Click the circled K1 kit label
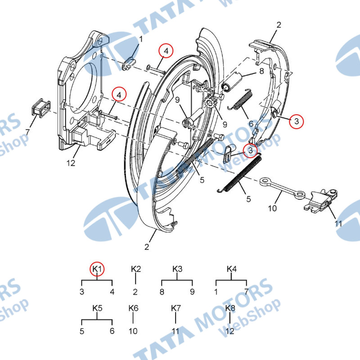tap(97, 269)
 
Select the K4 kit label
tap(231, 269)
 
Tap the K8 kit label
tap(230, 308)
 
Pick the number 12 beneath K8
tap(230, 331)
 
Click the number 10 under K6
tap(133, 331)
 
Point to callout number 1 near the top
tap(141, 39)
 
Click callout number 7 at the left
tap(27, 132)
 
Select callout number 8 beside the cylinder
tap(261, 71)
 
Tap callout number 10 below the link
tap(272, 208)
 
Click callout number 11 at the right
tap(338, 223)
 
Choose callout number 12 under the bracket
tap(71, 163)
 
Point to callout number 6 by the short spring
tap(251, 124)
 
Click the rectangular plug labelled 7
tap(40, 108)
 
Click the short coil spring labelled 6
tap(240, 100)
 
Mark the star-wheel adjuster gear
tap(209, 103)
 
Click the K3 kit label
tap(177, 269)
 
